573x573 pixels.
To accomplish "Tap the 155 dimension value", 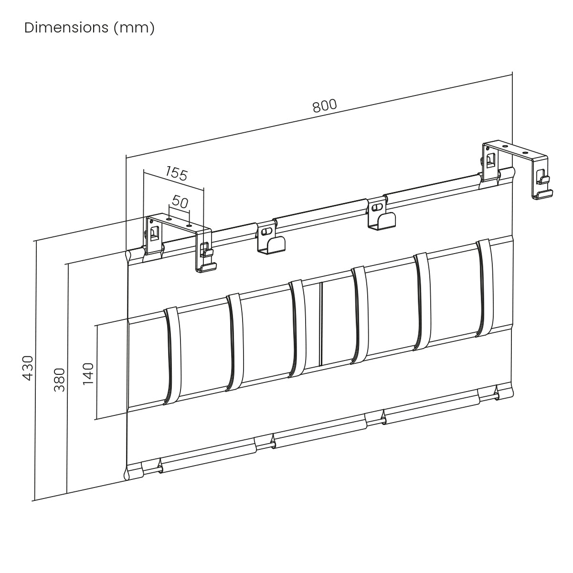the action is click(177, 173).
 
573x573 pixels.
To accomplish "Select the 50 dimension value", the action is click(180, 202).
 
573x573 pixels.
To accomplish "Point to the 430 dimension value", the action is click(28, 368).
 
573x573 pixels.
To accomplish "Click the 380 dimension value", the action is click(60, 380).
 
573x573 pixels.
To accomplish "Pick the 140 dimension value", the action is click(88, 374).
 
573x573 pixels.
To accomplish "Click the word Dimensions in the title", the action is click(66, 28).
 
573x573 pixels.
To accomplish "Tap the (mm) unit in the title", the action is click(134, 29).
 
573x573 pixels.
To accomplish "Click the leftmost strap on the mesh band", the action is click(173, 356).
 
